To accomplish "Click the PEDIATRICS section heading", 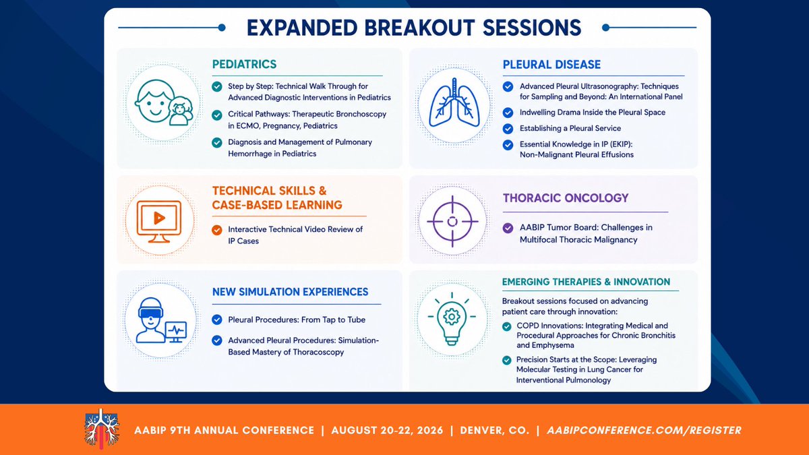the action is (244, 64).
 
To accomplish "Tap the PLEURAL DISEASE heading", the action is (551, 65).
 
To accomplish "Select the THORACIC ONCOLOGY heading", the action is (566, 198).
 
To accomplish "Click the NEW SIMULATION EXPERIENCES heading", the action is (290, 292).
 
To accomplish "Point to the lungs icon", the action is (454, 102).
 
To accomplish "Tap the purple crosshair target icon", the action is (452, 221).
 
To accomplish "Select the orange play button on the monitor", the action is (159, 218).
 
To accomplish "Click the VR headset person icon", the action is (161, 320).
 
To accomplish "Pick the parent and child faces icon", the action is (164, 102).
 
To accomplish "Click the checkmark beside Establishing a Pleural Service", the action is (508, 129).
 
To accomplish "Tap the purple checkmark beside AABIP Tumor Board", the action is (508, 228).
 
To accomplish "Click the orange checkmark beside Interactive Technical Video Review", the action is (216, 230).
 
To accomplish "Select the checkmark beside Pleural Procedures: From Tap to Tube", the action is (216, 320).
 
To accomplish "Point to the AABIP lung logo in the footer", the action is (102, 429).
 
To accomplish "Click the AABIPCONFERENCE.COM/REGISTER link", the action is (644, 431).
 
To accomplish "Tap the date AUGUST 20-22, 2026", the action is (387, 431).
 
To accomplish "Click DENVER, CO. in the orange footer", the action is (494, 431).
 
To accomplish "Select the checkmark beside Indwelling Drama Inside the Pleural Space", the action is (508, 113).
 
